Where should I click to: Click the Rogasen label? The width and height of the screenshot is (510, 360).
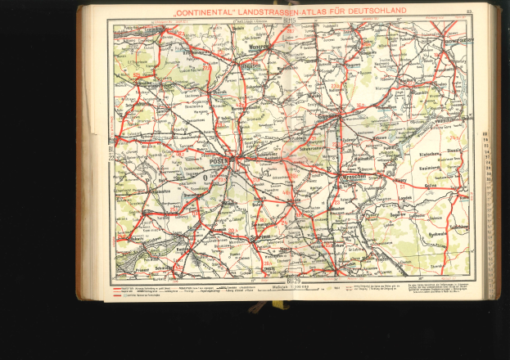click(247, 66)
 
